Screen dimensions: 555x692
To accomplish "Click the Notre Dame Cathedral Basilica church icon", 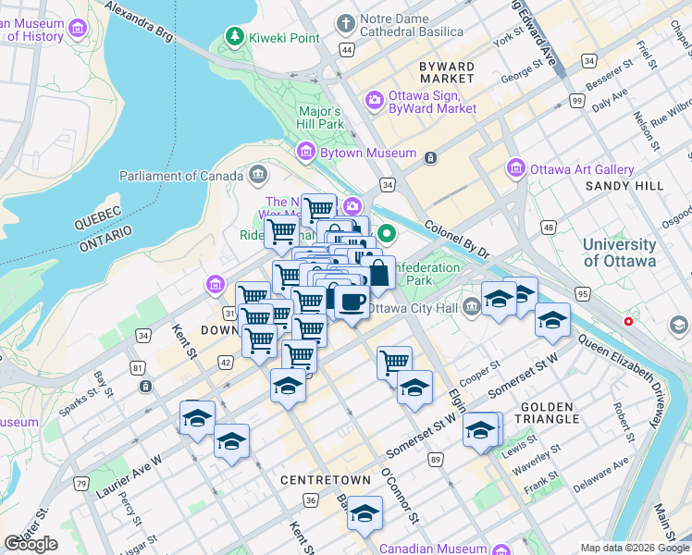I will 346,22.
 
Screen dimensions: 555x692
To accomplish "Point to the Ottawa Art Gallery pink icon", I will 515,169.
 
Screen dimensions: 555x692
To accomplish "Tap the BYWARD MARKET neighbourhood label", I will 447,73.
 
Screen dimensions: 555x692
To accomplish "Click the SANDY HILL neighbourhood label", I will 624,186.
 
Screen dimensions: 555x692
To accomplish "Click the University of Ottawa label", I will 619,253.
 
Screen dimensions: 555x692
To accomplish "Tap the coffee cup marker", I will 352,302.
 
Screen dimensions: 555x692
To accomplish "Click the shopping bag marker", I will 377,273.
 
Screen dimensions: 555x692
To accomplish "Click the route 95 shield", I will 582,294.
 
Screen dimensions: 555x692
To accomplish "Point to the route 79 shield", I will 81,484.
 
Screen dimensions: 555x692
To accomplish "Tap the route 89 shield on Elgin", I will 435,460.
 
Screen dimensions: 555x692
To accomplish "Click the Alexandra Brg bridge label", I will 139,20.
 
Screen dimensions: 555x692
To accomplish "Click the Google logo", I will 31,544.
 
